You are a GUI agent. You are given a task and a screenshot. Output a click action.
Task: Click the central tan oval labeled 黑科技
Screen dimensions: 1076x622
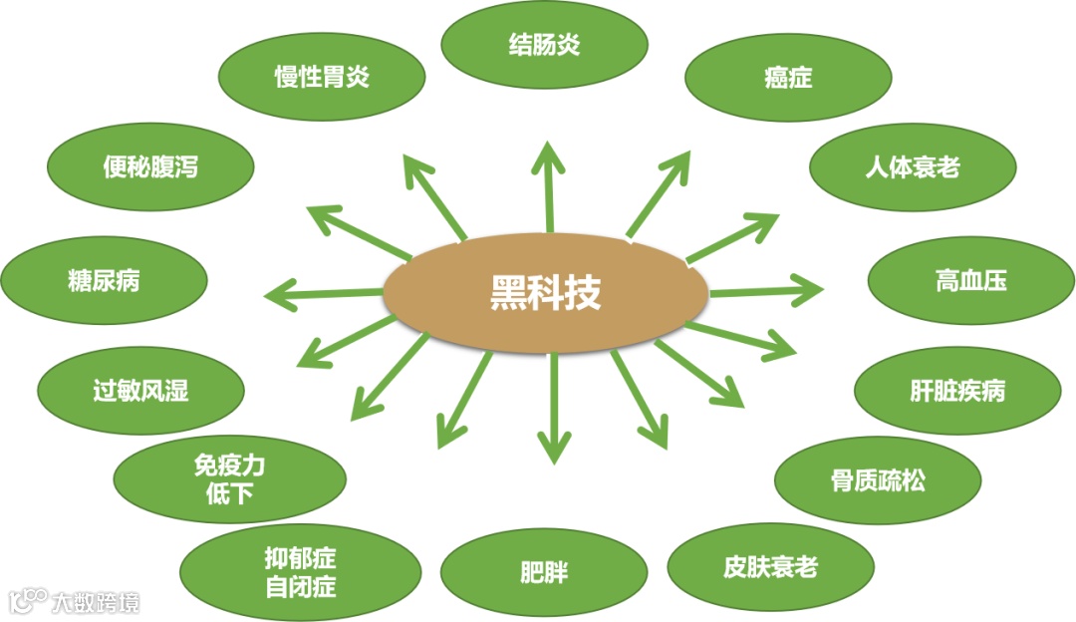546,293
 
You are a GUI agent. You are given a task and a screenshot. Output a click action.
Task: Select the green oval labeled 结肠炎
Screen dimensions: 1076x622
544,45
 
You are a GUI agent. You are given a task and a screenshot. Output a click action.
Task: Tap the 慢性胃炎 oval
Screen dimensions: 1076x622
322,77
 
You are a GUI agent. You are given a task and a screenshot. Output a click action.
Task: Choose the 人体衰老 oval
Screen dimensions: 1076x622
912,166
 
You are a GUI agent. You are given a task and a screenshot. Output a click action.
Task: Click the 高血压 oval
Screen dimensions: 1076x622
970,281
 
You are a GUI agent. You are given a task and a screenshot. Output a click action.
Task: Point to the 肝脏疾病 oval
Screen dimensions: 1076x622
956,391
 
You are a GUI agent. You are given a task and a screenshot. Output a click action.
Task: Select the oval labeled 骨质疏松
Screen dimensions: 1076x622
877,480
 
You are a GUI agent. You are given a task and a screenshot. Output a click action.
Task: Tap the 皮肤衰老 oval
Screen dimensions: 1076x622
770,567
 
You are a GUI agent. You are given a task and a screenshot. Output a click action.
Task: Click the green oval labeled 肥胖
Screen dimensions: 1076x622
544,572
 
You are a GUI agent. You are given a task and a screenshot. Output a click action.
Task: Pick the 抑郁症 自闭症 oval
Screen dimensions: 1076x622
300,572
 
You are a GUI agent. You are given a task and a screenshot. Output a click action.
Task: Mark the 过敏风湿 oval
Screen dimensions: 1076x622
140,390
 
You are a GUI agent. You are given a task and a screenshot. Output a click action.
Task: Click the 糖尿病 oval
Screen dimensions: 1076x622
104,281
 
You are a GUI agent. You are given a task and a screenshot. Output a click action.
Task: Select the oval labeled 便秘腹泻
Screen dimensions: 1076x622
150,166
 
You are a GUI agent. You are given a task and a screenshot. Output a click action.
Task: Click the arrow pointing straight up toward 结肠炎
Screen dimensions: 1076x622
547,184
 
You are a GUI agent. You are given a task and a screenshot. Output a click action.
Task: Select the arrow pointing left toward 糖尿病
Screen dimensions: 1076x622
325,294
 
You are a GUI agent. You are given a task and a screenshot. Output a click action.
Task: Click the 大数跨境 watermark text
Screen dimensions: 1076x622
96,602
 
